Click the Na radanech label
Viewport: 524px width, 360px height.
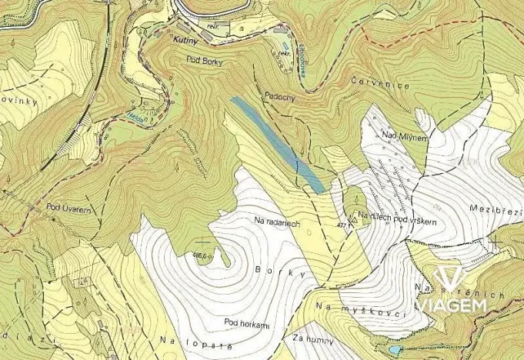[275, 221]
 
